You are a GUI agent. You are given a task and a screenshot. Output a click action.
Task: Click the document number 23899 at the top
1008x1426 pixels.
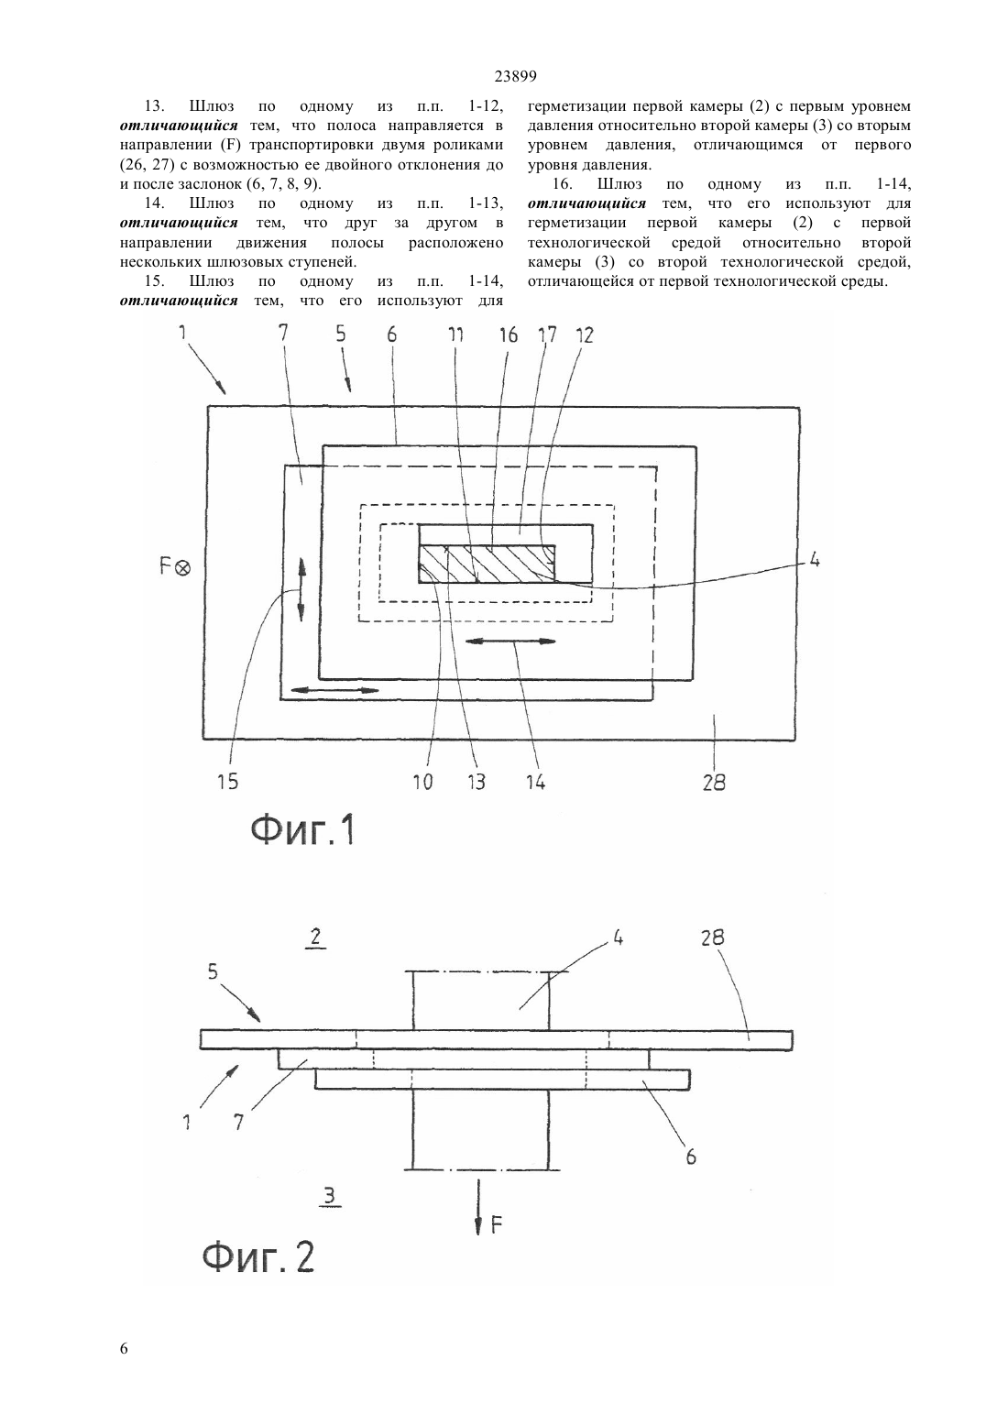point(515,76)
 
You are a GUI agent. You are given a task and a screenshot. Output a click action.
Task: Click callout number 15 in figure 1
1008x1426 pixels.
point(227,781)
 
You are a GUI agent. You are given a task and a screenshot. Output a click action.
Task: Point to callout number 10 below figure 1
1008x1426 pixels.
point(422,781)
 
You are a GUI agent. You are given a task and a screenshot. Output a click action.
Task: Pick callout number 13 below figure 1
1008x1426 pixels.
point(476,781)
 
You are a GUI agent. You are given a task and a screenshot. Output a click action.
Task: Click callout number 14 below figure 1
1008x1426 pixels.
point(534,781)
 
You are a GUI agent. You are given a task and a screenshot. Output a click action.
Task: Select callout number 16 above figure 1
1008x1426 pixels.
point(508,335)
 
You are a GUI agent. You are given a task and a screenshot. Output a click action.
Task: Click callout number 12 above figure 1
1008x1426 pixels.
point(584,335)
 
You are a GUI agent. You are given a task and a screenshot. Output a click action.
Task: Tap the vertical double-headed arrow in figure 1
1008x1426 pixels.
point(301,589)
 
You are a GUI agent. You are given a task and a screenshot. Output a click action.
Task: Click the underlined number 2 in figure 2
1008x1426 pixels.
point(315,938)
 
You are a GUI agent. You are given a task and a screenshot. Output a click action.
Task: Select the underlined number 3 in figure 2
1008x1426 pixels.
point(329,1197)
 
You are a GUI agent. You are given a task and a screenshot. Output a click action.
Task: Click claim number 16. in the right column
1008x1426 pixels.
point(564,184)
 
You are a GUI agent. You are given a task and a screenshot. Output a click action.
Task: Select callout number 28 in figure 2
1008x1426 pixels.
point(712,938)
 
